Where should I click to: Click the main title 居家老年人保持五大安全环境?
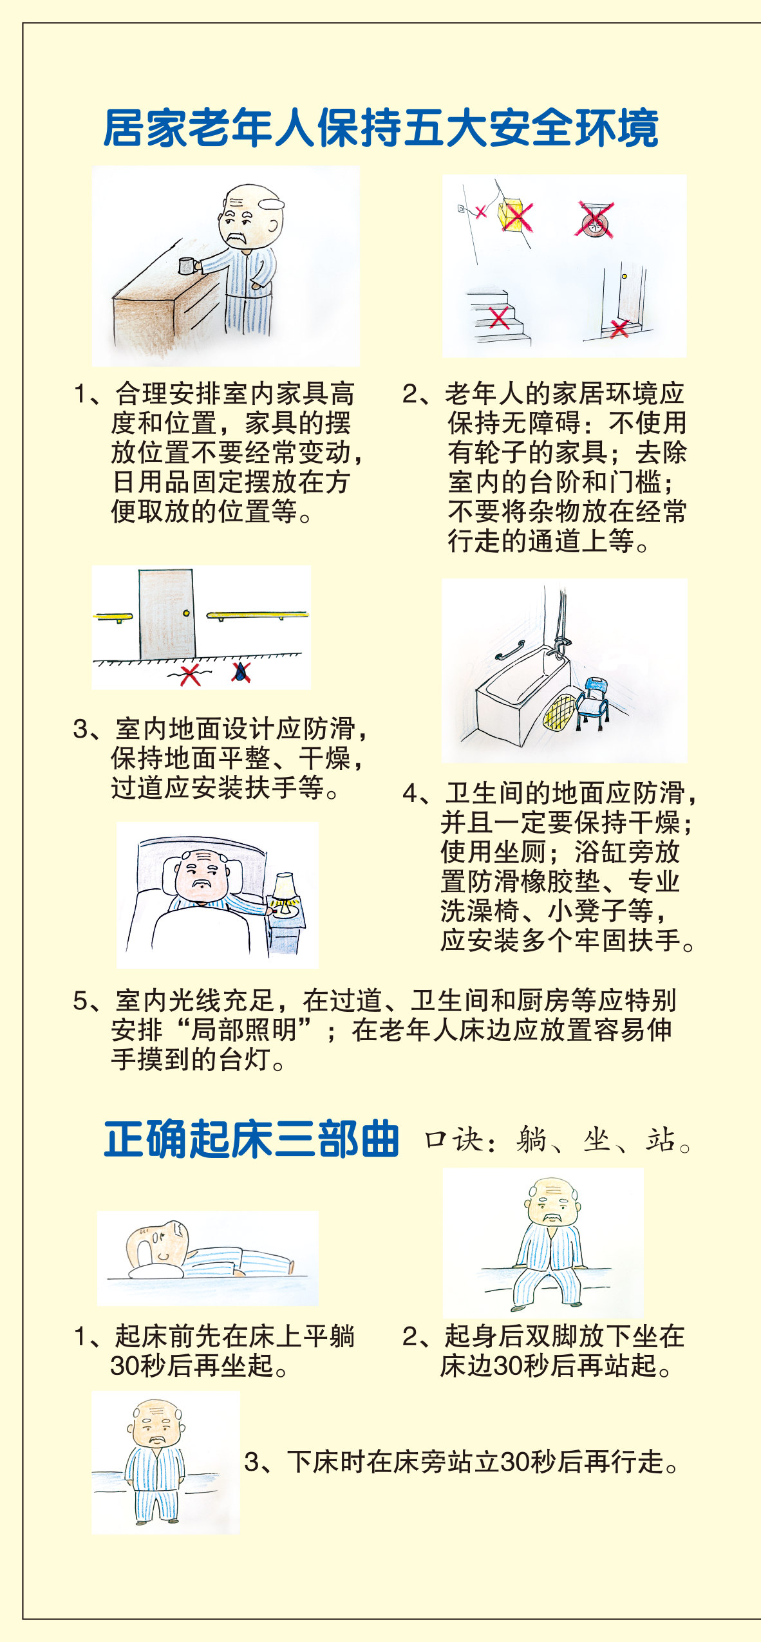click(x=380, y=129)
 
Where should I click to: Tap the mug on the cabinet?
click(x=187, y=265)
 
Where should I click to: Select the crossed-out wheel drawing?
click(x=594, y=221)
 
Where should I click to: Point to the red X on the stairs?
click(x=499, y=318)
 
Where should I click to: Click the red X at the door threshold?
click(x=619, y=328)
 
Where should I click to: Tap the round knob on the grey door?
click(x=186, y=613)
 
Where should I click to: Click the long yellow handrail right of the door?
click(x=257, y=615)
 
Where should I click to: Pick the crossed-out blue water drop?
click(x=241, y=673)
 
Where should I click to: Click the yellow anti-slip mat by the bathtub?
click(x=559, y=713)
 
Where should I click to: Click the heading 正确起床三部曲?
click(x=252, y=1139)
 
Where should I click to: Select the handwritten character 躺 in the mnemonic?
click(x=531, y=1141)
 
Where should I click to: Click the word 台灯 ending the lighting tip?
click(x=244, y=1059)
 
